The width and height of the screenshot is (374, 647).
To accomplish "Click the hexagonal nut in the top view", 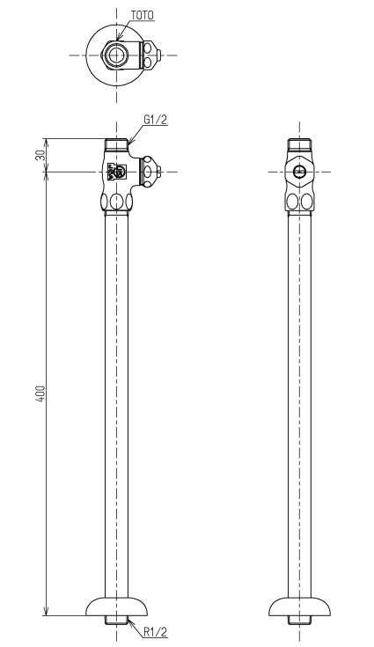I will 116,55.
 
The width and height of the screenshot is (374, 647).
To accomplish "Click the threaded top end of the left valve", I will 116,144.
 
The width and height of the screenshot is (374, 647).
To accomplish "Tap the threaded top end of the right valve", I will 299,144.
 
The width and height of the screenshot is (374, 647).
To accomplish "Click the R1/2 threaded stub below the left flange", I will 116,620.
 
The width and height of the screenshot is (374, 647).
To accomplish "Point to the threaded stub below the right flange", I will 299,620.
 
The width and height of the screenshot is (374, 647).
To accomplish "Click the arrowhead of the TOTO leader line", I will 118,38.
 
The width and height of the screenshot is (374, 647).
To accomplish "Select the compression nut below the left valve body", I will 116,202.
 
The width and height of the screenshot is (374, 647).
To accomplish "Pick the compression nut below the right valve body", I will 299,202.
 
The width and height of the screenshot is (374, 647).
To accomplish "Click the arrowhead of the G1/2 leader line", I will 129,142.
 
